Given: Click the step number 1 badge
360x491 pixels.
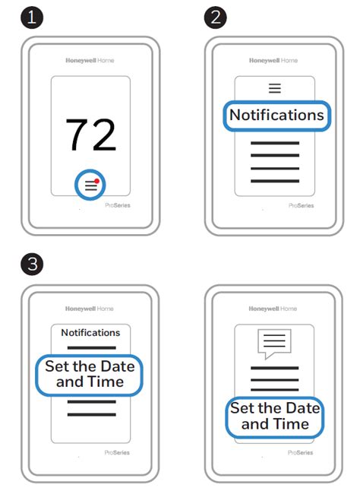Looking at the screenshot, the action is point(32,17).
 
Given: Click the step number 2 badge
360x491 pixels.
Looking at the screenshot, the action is point(216,17).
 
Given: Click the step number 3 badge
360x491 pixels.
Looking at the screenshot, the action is point(32,264).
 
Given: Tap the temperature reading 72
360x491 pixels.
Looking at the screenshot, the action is point(90,135).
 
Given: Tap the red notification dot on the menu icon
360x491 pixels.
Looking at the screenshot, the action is point(97,181).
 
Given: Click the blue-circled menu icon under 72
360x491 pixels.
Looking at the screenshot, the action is point(90,185).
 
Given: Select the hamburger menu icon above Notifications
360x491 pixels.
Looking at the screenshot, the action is point(275,88).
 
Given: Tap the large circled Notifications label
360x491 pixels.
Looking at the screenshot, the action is point(276,116).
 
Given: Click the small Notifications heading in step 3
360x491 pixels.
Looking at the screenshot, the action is point(90,333).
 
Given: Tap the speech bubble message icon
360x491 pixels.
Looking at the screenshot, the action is point(274,344).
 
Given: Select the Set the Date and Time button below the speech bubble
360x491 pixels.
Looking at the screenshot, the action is point(275,417).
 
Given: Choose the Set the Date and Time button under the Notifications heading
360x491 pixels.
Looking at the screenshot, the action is point(90,375).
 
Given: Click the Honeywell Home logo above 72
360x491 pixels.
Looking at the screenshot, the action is point(90,61).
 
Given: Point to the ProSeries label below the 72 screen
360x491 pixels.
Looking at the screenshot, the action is point(118,205).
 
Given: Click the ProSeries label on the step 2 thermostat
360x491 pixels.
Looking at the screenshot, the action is point(302,206).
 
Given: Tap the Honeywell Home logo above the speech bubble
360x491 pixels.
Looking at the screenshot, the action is point(273,309).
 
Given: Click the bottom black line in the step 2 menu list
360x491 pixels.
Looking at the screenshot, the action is point(275,181).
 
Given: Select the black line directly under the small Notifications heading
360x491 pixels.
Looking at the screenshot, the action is point(92,347).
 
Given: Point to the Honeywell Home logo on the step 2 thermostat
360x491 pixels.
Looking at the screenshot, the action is point(273,61).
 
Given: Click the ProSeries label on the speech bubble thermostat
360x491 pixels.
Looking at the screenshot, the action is point(300,453).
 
